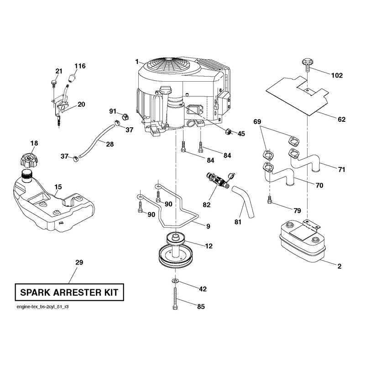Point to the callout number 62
pos(341,120)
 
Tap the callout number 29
pos(79,262)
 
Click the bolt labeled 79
pos(270,200)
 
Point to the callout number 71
pos(341,169)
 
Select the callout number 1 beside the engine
pos(137,62)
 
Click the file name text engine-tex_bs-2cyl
pos(36,307)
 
